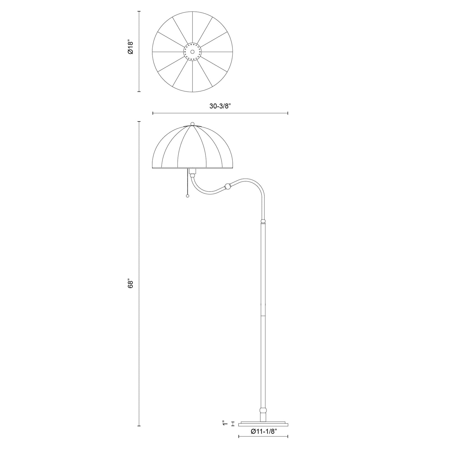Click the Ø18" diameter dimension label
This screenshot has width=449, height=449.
130,47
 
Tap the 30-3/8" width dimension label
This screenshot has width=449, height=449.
220,106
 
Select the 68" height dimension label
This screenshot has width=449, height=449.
130,284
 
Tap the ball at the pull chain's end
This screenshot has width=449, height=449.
187,196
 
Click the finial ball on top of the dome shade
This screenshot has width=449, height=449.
193,124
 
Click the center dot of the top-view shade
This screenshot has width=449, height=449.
193,52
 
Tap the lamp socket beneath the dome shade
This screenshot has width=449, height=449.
193,171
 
